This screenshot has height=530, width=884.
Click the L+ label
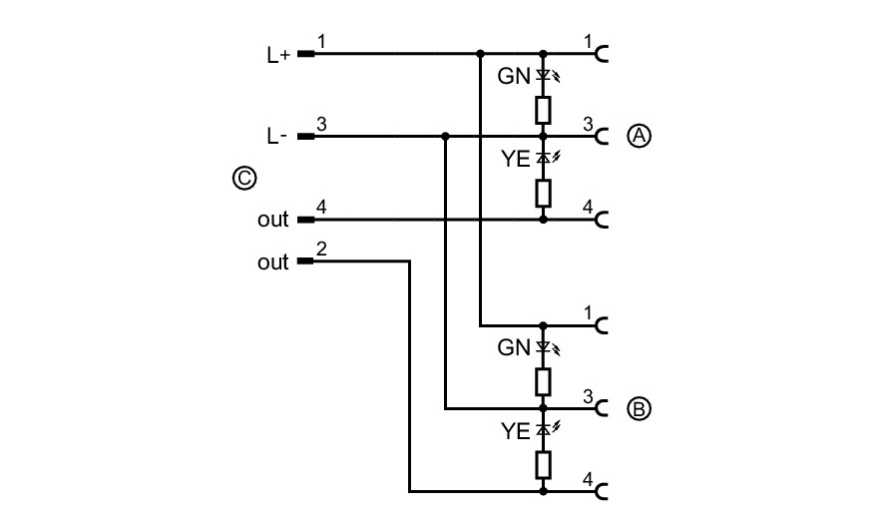pyautogui.click(x=278, y=55)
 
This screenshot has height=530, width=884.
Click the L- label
pyautogui.click(x=277, y=136)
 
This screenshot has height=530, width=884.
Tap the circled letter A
pyautogui.click(x=639, y=136)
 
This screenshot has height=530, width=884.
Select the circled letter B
pyautogui.click(x=639, y=409)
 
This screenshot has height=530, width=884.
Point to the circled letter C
pyautogui.click(x=244, y=179)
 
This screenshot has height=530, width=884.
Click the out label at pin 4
pyautogui.click(x=272, y=220)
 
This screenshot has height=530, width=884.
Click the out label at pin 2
pyautogui.click(x=272, y=263)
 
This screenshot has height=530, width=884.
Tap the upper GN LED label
pyautogui.click(x=514, y=76)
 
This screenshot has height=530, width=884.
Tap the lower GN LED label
pyautogui.click(x=514, y=348)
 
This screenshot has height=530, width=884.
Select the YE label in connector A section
pyautogui.click(x=516, y=159)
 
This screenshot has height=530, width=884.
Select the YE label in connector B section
pyautogui.click(x=516, y=431)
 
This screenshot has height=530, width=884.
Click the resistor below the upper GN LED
pyautogui.click(x=543, y=110)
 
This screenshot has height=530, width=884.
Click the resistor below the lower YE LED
pyautogui.click(x=543, y=465)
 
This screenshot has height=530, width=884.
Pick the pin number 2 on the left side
pyautogui.click(x=321, y=249)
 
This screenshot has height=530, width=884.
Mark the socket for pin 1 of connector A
pyautogui.click(x=602, y=54)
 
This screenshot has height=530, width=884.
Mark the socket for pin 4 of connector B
pyautogui.click(x=602, y=492)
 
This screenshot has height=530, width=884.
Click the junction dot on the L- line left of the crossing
pyautogui.click(x=445, y=136)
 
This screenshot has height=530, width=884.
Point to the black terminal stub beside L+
pyautogui.click(x=305, y=54)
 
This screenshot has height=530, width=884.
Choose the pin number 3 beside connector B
pyautogui.click(x=588, y=396)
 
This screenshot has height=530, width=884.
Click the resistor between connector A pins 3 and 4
pyautogui.click(x=543, y=194)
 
